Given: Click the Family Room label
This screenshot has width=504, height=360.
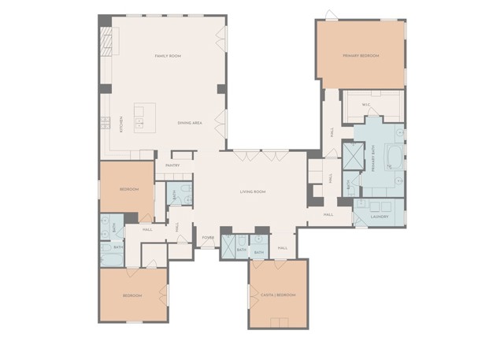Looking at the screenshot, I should click(167, 56).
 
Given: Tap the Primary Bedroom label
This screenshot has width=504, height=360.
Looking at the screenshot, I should click(361, 56).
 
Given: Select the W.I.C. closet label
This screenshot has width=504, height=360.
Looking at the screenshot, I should click(366, 105).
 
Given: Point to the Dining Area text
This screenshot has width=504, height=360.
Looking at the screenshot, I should click(191, 123).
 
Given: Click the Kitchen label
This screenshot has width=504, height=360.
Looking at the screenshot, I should click(120, 125).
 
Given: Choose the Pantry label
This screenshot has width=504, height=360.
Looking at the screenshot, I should click(172, 166).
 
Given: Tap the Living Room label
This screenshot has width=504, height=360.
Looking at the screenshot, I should click(253, 191).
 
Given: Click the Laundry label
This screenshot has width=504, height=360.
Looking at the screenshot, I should click(380, 216).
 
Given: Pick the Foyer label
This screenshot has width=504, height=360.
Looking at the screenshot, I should click(208, 237).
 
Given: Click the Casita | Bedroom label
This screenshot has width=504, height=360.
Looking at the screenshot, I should click(278, 295).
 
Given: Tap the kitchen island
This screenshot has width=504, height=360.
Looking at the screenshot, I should click(143, 117).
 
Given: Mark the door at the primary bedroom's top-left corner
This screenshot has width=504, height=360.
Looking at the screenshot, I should click(328, 15).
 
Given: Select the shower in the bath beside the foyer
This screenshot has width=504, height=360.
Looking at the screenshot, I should click(229, 246).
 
